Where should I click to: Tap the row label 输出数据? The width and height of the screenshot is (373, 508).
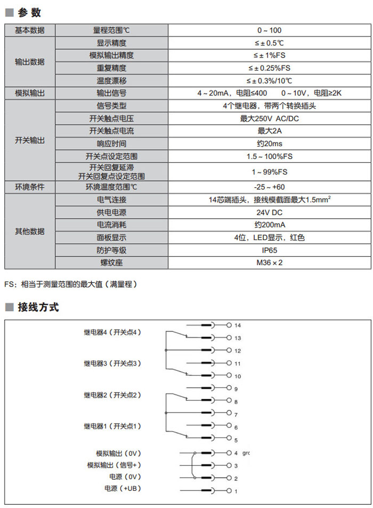tap(30, 62)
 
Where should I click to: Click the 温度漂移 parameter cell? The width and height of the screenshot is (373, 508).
tap(112, 81)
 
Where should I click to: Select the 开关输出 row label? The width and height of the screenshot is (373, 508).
tap(30, 140)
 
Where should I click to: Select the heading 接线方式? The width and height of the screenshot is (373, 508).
tap(38, 307)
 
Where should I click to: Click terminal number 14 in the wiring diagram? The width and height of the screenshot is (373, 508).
tap(238, 325)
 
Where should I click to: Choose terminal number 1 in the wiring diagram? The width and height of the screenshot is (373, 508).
tap(236, 490)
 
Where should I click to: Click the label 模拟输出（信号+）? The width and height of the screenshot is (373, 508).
tap(115, 465)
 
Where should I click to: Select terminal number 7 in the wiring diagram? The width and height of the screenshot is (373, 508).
tap(236, 415)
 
